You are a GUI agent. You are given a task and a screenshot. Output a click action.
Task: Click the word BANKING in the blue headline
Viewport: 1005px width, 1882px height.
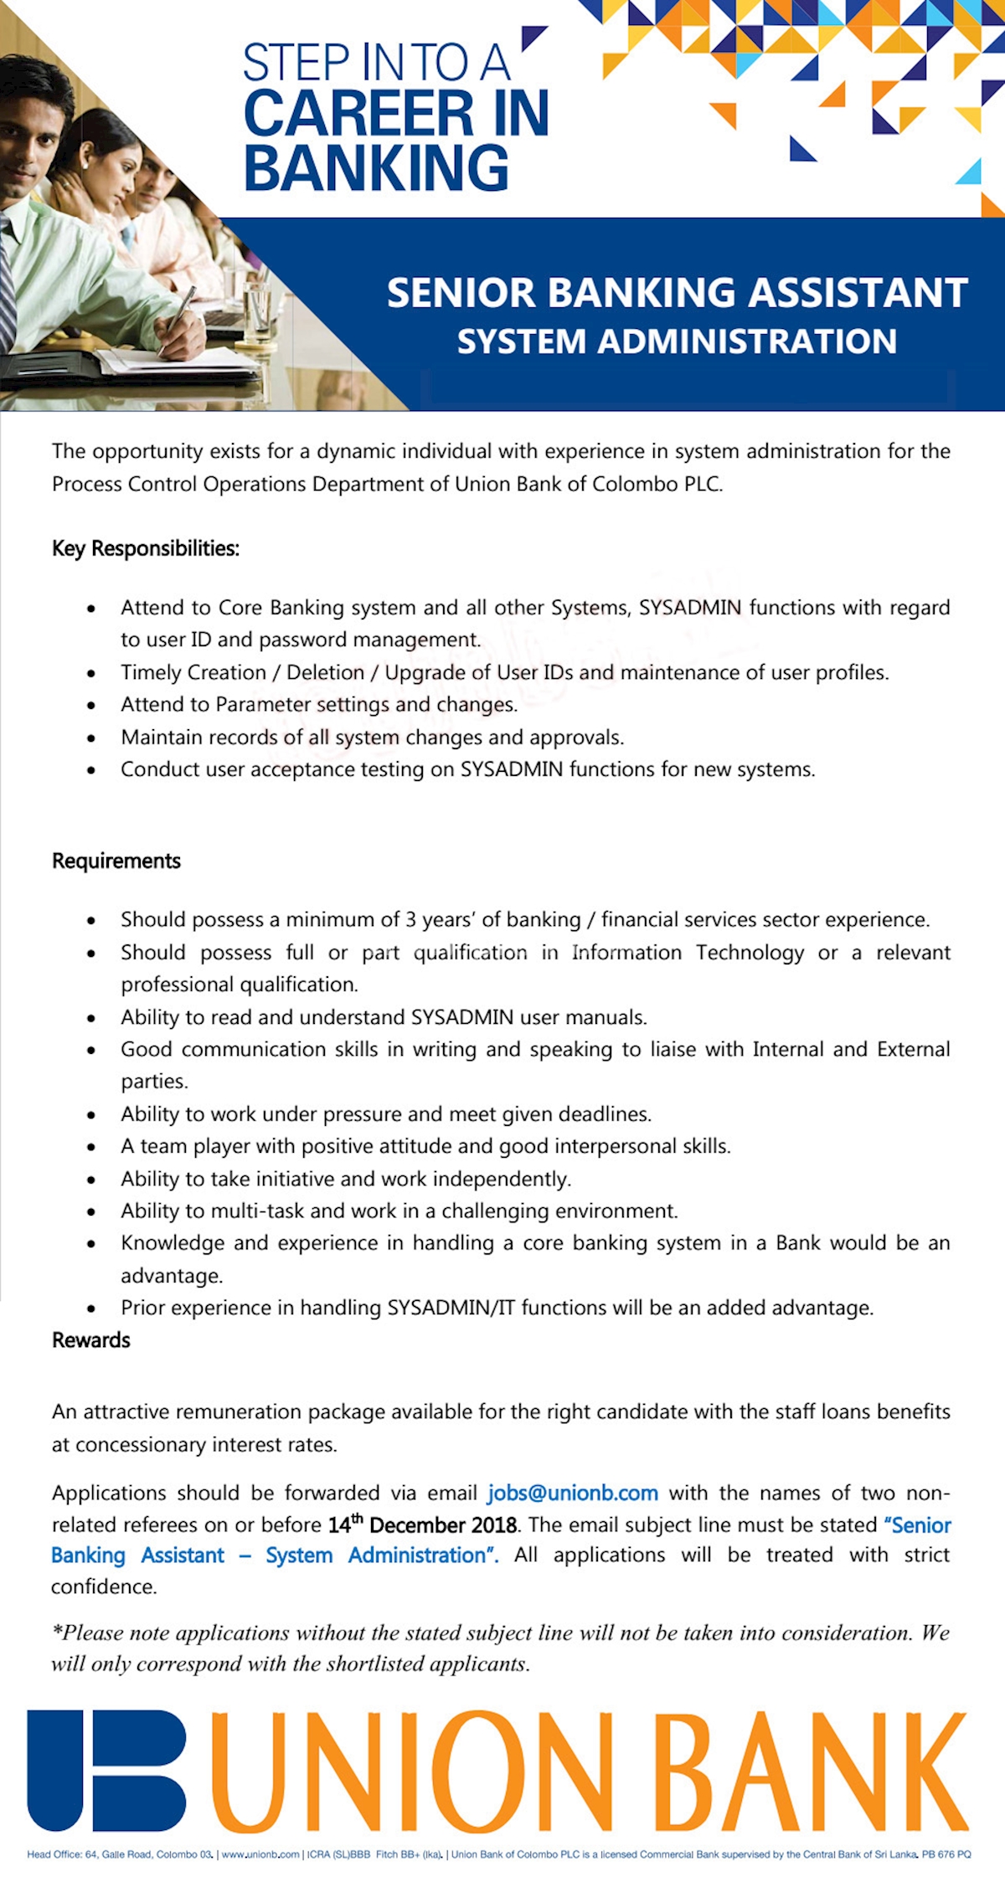pyautogui.click(x=376, y=167)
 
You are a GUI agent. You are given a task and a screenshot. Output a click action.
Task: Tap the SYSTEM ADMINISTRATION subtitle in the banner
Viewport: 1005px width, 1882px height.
pyautogui.click(x=677, y=342)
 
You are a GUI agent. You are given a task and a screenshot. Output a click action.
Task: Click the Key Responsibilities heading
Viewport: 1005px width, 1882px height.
pyautogui.click(x=146, y=548)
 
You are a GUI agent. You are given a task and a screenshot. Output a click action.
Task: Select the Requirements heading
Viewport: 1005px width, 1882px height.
pyautogui.click(x=116, y=861)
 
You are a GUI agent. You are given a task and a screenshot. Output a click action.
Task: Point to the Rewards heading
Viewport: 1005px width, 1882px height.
pyautogui.click(x=91, y=1340)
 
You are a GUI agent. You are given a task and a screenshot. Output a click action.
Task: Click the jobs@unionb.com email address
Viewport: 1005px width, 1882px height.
pyautogui.click(x=573, y=1493)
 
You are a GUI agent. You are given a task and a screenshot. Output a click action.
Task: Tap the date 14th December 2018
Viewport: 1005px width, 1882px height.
pyautogui.click(x=422, y=1525)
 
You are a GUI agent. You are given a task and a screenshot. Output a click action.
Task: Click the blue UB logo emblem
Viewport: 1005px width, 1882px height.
pyautogui.click(x=106, y=1770)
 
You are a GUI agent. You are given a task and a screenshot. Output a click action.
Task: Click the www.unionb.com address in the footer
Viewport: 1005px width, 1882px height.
pyautogui.click(x=260, y=1854)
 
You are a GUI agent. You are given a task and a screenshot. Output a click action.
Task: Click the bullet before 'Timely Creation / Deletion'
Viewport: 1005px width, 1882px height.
pyautogui.click(x=91, y=673)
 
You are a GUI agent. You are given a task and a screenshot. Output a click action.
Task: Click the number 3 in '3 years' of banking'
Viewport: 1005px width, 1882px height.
pyautogui.click(x=410, y=919)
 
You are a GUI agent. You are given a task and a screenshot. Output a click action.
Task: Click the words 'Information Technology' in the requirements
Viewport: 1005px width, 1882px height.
pyautogui.click(x=688, y=952)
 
